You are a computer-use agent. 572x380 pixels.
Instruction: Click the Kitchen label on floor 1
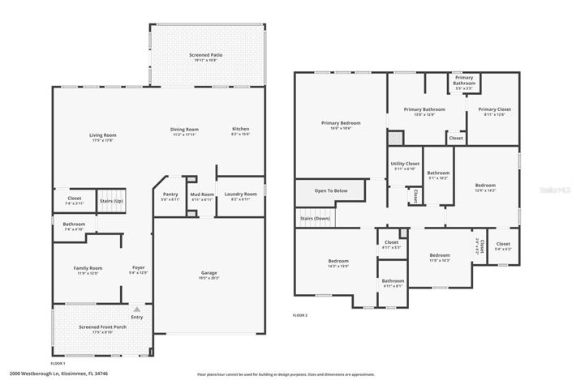coord(241,129)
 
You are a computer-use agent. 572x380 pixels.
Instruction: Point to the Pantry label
coord(170,194)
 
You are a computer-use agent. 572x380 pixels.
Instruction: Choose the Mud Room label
coord(201,194)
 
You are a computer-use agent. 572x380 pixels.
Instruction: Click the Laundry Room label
coord(240,194)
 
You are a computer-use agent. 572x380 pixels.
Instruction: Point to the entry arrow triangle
coord(137,310)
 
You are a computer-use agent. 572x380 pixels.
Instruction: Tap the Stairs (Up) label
coord(111,200)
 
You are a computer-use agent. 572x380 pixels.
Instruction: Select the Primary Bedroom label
coord(341,122)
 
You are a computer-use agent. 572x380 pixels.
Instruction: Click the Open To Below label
coord(331,190)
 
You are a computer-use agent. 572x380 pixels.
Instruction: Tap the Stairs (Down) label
coord(316,218)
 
